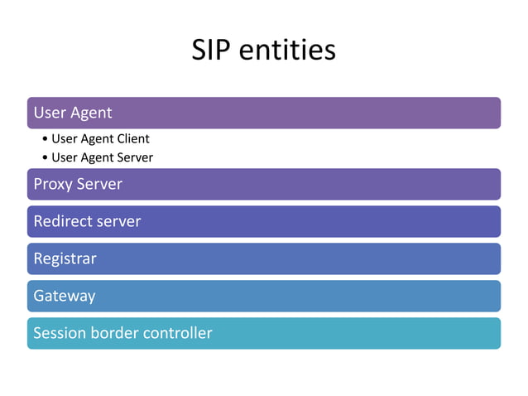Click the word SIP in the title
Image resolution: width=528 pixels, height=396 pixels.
coord(213,51)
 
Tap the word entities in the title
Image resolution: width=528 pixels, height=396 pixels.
coord(287,51)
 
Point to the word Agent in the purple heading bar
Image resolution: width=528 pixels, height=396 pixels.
coord(91,113)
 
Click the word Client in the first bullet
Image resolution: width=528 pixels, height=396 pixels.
coord(132,139)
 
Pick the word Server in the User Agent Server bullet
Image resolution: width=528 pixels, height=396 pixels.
coord(134,157)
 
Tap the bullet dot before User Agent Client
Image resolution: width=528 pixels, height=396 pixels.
coord(44,139)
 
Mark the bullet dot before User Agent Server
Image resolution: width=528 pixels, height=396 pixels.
coord(44,157)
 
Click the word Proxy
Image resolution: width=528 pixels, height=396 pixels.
coord(53,184)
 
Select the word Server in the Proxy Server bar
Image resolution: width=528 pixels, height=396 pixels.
coord(99,184)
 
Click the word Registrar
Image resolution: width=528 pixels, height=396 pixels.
coord(65,258)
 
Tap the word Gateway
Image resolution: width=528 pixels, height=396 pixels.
coord(64,296)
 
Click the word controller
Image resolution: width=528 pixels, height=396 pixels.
coord(178,333)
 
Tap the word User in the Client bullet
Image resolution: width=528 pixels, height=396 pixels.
coord(64,139)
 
